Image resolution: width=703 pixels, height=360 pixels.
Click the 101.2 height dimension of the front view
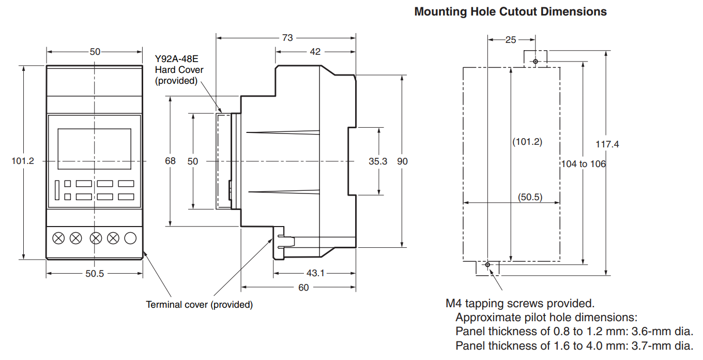click(23, 161)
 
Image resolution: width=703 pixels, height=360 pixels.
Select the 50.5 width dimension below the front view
click(95, 274)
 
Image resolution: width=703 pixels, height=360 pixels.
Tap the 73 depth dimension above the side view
click(287, 38)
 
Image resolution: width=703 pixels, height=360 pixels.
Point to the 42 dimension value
click(315, 52)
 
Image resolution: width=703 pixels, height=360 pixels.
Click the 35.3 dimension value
click(378, 161)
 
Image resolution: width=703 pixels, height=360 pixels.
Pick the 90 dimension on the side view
click(402, 161)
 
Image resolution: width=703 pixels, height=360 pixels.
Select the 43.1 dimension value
click(315, 273)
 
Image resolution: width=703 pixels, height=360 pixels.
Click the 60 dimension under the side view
click(303, 288)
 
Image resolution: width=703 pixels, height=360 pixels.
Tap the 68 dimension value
click(170, 161)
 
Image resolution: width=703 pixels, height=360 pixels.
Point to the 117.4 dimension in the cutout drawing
click(607, 144)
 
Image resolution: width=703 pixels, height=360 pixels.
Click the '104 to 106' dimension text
click(584, 164)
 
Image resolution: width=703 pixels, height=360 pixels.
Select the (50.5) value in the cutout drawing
click(530, 197)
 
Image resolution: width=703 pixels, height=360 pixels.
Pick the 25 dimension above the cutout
click(511, 40)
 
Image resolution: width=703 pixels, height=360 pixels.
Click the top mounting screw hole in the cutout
click(536, 62)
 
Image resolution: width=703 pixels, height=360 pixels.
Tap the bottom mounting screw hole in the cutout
click(487, 265)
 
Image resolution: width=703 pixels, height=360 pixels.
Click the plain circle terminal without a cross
click(130, 238)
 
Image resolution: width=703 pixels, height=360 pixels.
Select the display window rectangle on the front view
click(95, 149)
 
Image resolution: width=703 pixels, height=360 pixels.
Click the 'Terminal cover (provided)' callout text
click(200, 305)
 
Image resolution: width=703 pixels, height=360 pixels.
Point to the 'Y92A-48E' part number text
click(177, 59)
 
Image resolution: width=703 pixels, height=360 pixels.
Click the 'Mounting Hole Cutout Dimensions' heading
click(511, 11)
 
